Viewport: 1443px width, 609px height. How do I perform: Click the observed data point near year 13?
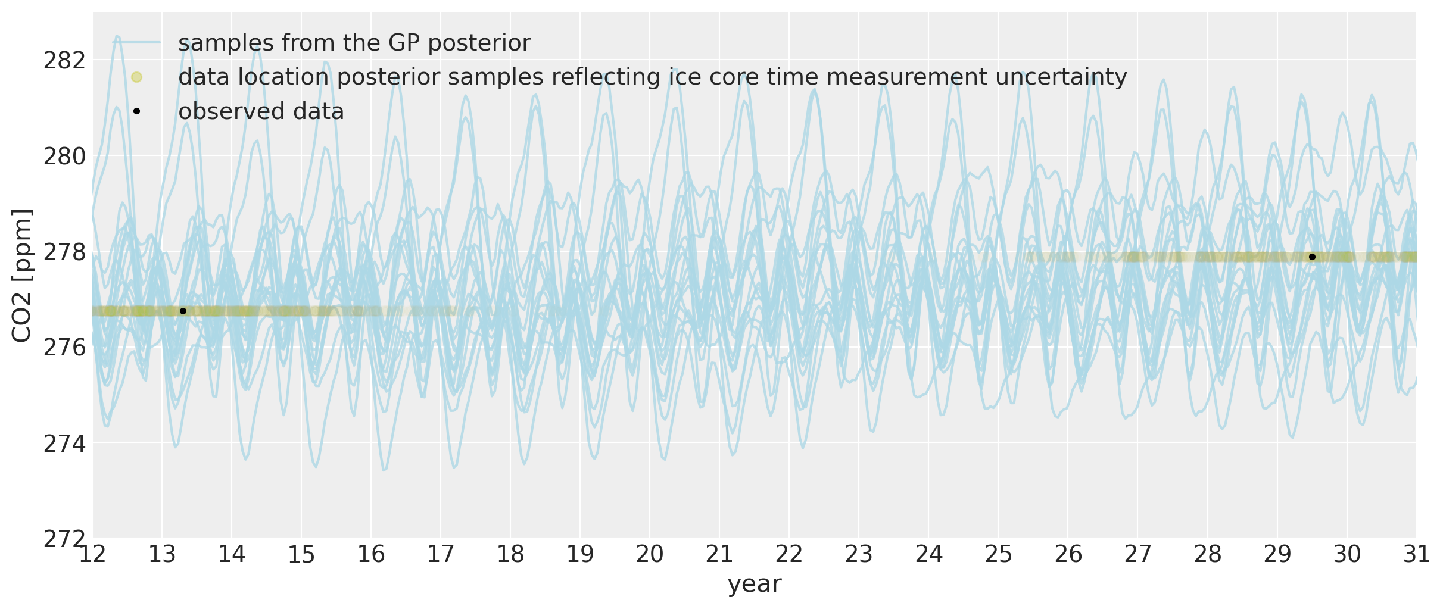183,311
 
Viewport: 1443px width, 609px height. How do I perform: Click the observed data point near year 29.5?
1312,257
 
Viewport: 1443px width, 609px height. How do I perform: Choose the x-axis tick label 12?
92,555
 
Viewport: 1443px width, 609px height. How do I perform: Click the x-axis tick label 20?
650,555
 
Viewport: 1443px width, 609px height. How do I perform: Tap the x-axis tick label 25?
998,555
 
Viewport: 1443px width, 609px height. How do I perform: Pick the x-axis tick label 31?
1416,555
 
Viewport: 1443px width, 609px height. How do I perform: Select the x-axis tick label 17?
441,555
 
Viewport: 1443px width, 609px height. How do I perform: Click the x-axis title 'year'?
754,584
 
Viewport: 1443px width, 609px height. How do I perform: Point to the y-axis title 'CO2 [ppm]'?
22,276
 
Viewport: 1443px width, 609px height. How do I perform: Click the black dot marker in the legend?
136,111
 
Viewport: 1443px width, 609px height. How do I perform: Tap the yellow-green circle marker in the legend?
136,77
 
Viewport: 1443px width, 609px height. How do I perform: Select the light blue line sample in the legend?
136,42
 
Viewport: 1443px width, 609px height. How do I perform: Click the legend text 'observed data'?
261,111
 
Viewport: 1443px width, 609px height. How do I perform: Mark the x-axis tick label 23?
859,555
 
